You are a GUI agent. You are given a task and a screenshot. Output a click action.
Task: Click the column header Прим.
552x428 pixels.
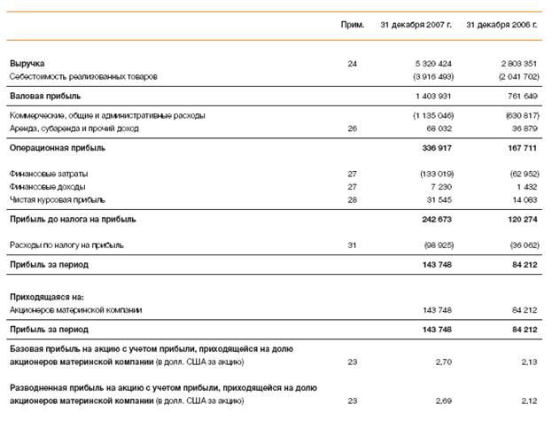pos(353,24)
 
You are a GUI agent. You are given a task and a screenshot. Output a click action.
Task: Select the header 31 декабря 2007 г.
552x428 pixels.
pos(416,24)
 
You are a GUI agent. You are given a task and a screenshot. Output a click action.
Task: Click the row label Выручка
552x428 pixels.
pos(27,64)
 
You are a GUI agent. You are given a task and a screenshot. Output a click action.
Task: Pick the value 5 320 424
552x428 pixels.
pos(433,64)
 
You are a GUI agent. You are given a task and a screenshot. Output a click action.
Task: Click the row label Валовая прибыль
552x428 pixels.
pos(45,96)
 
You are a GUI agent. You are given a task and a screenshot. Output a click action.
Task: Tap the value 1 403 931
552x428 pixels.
pos(433,96)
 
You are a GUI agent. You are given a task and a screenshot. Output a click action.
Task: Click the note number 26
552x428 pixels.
pos(353,128)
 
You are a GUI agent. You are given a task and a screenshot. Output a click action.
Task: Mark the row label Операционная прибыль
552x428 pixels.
pos(58,148)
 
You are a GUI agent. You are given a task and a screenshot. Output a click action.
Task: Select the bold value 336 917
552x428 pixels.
pos(437,148)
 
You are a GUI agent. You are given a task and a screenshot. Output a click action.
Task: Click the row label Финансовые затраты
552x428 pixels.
pos(49,174)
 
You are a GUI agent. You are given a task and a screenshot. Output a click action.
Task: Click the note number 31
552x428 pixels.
pos(353,245)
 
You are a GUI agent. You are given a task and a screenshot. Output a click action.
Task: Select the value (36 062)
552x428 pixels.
pos(519,245)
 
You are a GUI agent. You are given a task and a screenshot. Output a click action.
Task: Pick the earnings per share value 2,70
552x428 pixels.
pos(444,362)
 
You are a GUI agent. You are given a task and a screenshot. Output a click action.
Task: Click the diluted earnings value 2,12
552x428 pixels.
pos(529,401)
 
